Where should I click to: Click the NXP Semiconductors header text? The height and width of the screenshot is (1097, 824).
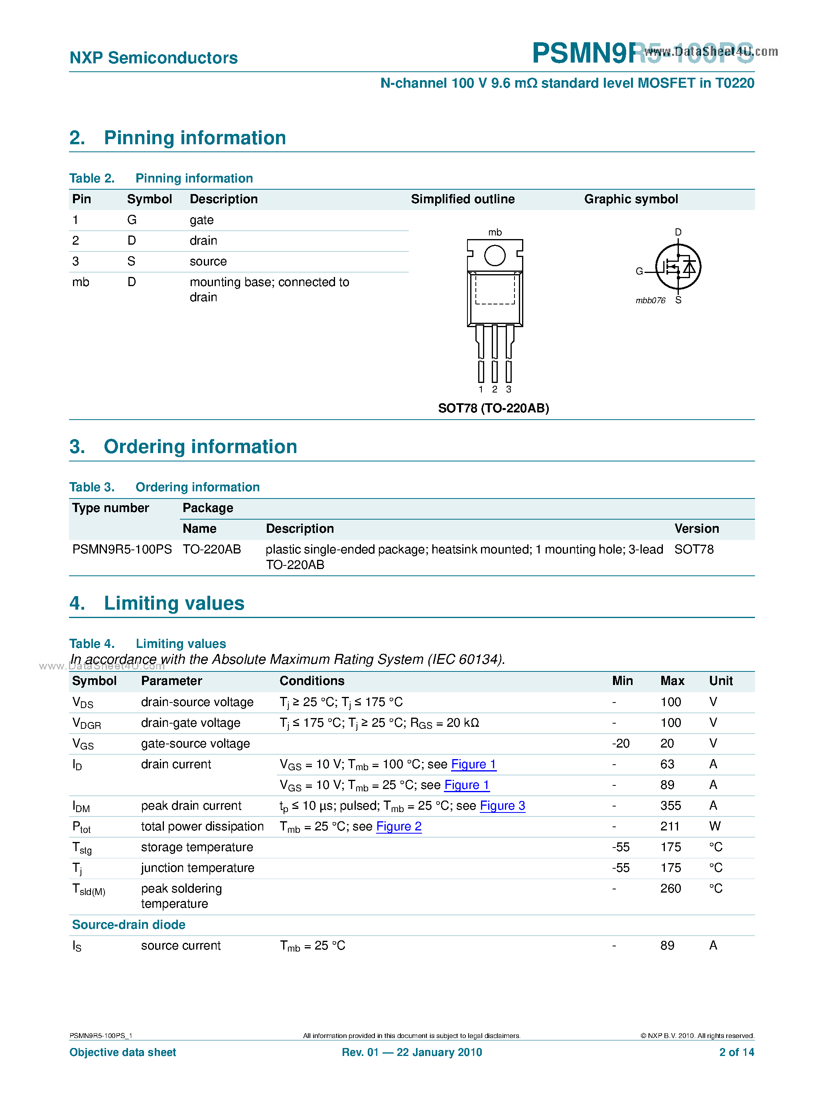154,58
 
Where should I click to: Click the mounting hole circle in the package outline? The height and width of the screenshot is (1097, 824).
495,256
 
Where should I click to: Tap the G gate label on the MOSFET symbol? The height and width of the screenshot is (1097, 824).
639,271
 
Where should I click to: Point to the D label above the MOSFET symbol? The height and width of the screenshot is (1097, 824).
678,232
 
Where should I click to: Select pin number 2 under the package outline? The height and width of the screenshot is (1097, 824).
495,389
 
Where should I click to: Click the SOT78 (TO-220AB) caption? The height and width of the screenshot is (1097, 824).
493,408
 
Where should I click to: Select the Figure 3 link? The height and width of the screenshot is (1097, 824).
503,806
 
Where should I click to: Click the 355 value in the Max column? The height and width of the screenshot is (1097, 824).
670,806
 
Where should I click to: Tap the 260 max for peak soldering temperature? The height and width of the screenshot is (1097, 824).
670,889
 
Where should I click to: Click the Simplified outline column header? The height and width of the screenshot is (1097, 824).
463,199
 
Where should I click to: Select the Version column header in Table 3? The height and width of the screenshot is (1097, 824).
696,529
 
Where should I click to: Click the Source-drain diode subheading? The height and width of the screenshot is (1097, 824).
128,925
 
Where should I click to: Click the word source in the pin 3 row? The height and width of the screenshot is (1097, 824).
208,261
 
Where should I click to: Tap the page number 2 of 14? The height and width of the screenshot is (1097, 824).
736,1052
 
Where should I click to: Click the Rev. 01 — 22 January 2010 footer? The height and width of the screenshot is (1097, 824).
412,1052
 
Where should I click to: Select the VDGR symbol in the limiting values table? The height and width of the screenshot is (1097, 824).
87,724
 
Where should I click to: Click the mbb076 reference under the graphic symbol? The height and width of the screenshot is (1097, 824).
650,300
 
